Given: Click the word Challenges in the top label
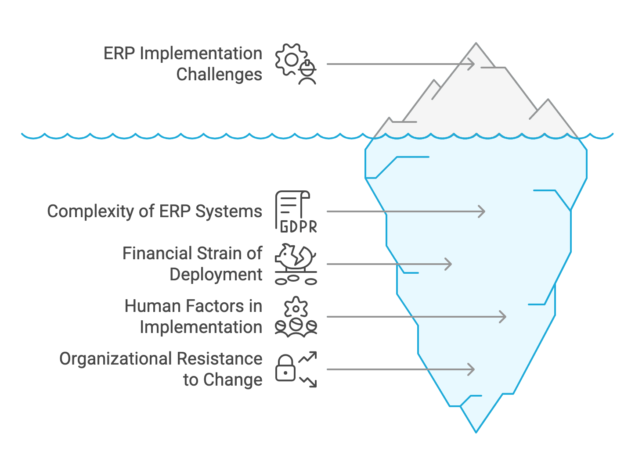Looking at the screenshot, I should [x=219, y=74].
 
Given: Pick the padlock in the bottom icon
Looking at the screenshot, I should [x=285, y=369].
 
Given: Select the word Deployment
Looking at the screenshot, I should [x=216, y=275].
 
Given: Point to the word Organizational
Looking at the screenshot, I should [x=115, y=359].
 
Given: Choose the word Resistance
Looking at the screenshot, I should [x=220, y=359].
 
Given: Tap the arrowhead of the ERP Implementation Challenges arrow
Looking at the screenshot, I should [x=473, y=64].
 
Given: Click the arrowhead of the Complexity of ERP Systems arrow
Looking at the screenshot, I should [x=483, y=211].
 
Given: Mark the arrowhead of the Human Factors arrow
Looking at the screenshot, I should [x=504, y=317].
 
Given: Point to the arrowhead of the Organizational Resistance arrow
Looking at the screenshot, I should [x=473, y=369].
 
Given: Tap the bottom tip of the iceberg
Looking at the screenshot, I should [x=476, y=431].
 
